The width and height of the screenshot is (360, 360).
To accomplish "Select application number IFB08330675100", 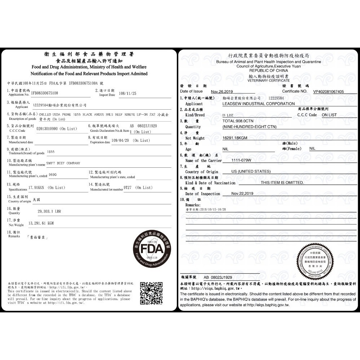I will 45,93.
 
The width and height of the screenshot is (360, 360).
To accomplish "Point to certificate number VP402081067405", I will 328,92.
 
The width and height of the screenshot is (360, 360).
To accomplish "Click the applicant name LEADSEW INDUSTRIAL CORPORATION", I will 258,104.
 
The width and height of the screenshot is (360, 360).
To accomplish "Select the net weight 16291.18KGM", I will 235,138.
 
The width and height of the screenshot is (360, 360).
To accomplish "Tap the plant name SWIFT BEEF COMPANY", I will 63,163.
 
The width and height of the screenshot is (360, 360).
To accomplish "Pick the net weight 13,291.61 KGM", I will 41,223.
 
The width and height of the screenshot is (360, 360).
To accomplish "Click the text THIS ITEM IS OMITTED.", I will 282,183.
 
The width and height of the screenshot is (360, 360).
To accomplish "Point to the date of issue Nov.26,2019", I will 222,92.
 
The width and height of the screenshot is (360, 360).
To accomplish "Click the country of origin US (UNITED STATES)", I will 251,171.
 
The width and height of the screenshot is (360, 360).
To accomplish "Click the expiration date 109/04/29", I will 120,140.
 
